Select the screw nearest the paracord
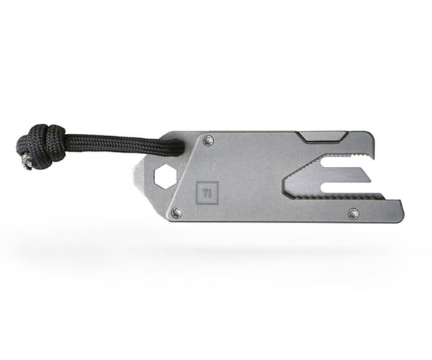point(210,140)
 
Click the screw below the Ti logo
point(176,212)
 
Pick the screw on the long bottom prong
point(354,213)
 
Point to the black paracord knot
point(41,145)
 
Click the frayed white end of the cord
point(27,163)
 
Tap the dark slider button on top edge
point(322,137)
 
